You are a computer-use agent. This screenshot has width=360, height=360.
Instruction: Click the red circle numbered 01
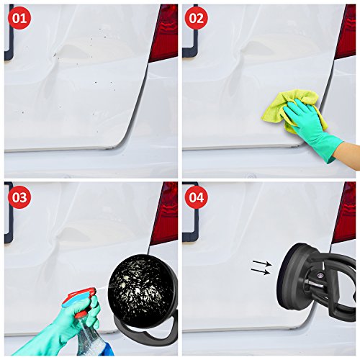pyautogui.click(x=19, y=18)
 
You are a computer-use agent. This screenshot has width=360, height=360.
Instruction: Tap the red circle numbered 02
pyautogui.click(x=197, y=18)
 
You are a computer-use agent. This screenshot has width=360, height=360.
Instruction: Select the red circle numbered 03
pyautogui.click(x=19, y=197)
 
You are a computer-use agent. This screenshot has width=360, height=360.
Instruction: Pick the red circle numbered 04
pyautogui.click(x=197, y=197)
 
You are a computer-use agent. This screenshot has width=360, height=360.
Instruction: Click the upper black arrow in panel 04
pyautogui.click(x=261, y=263)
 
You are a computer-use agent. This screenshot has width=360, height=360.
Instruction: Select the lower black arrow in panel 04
pyautogui.click(x=261, y=271)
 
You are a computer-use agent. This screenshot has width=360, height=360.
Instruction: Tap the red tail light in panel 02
pyautogui.click(x=346, y=31)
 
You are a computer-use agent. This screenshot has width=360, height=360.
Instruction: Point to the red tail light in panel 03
pyautogui.click(x=164, y=212)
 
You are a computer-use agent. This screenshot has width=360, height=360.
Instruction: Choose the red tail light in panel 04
pyautogui.click(x=344, y=212)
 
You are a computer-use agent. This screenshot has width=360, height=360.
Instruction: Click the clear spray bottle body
pyautogui.click(x=90, y=338)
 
